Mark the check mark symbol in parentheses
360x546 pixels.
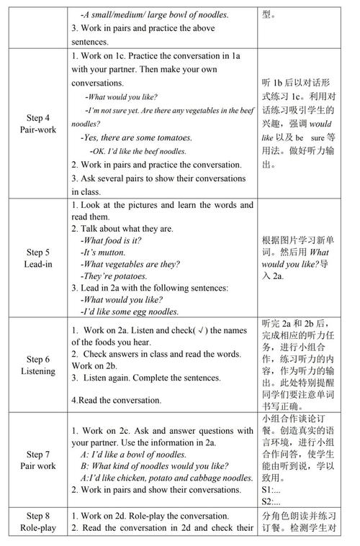click(x=201, y=330)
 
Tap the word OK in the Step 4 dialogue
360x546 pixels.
click(x=98, y=151)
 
